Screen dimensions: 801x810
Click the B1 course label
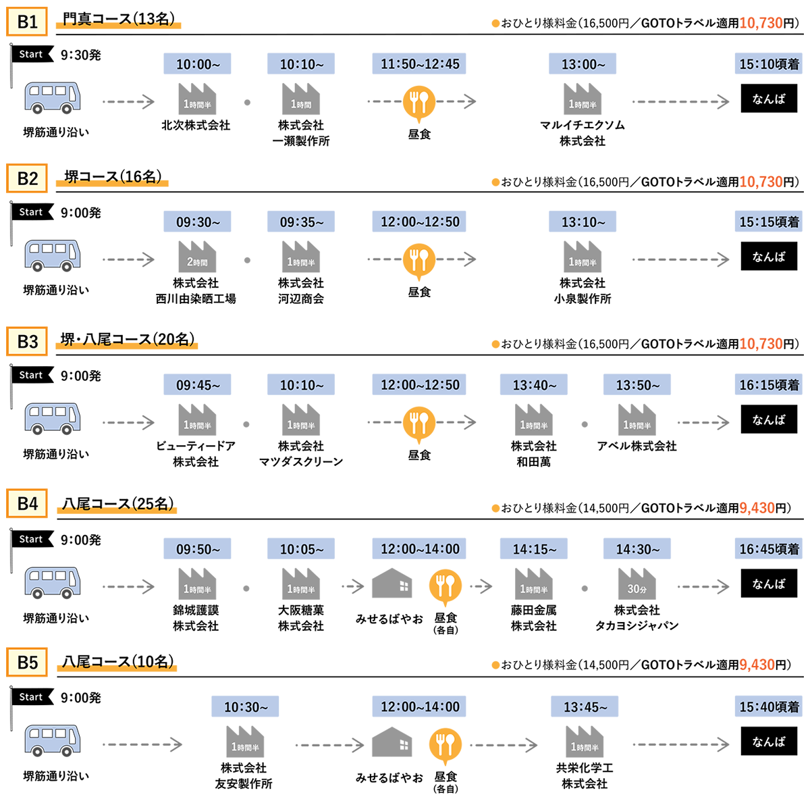(28, 22)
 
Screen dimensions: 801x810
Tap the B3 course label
(28, 342)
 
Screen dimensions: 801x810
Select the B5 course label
(28, 663)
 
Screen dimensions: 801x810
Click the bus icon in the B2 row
(53, 256)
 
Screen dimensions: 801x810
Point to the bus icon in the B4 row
(53, 583)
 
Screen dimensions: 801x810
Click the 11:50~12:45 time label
(420, 64)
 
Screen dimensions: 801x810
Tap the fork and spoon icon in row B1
(419, 102)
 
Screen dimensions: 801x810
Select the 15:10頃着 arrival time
(769, 64)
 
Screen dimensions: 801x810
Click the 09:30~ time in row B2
(198, 222)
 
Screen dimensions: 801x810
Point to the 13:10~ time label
(583, 222)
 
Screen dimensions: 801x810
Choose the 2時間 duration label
(197, 262)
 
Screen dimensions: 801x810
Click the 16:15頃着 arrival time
(769, 385)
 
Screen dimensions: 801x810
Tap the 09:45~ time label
(198, 385)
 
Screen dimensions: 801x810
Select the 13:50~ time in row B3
(637, 385)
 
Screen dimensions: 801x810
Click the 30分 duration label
(637, 589)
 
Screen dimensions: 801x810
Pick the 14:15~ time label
(534, 549)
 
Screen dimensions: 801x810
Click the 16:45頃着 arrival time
(769, 549)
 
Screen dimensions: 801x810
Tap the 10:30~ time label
(246, 707)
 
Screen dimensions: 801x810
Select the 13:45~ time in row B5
(585, 707)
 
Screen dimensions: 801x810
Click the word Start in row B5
(31, 697)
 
